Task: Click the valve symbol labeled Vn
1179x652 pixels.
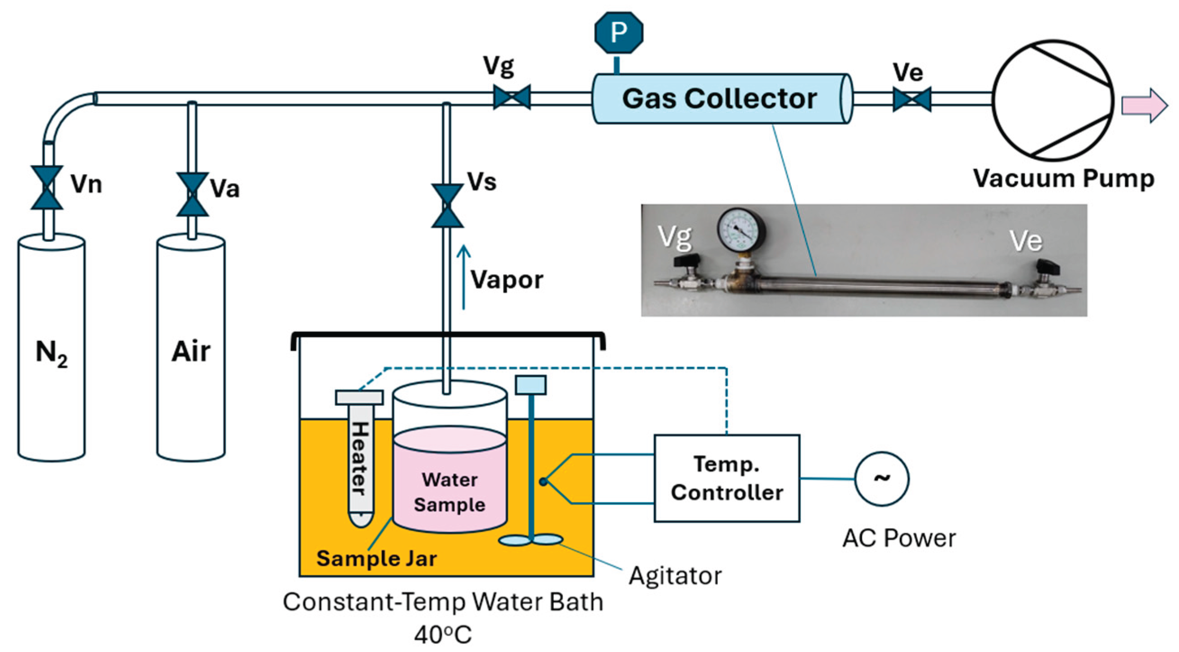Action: pos(47,188)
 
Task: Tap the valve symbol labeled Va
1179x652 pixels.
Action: pos(193,195)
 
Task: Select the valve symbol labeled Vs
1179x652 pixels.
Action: pos(447,206)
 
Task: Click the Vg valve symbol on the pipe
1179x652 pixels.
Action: pos(512,97)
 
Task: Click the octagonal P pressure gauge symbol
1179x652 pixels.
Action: pos(619,32)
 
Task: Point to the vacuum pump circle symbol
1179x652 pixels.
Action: pos(1053,100)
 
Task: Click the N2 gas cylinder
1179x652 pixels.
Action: pos(51,348)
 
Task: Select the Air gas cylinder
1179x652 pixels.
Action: pos(191,348)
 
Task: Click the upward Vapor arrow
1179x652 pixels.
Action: pos(464,277)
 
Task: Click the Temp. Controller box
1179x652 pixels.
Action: pos(727,478)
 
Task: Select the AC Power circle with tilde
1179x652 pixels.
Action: pos(881,479)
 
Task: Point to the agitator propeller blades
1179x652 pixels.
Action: pos(531,540)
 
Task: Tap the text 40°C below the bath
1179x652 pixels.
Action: pos(443,635)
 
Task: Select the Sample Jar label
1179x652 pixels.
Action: pos(376,559)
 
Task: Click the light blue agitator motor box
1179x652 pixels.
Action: pos(531,385)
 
